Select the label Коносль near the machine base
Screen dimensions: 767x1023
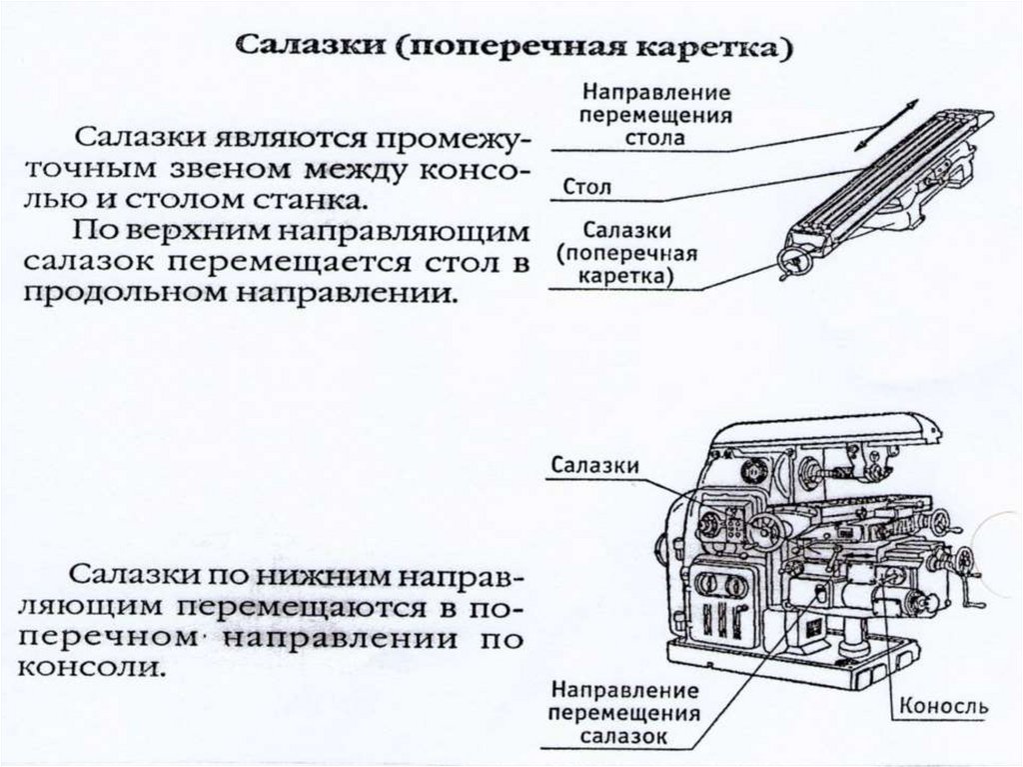944,707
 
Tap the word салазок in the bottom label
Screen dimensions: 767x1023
625,737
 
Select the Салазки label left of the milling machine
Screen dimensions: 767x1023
594,465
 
